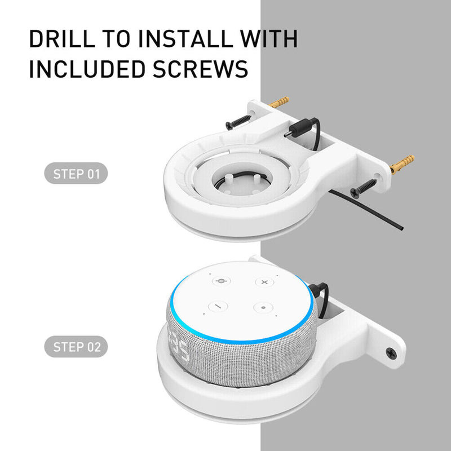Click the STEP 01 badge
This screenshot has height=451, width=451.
(x=76, y=174)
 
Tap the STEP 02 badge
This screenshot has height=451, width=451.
(x=76, y=347)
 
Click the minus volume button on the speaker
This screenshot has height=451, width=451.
(x=218, y=307)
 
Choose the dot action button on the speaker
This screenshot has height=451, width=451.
(x=263, y=308)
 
